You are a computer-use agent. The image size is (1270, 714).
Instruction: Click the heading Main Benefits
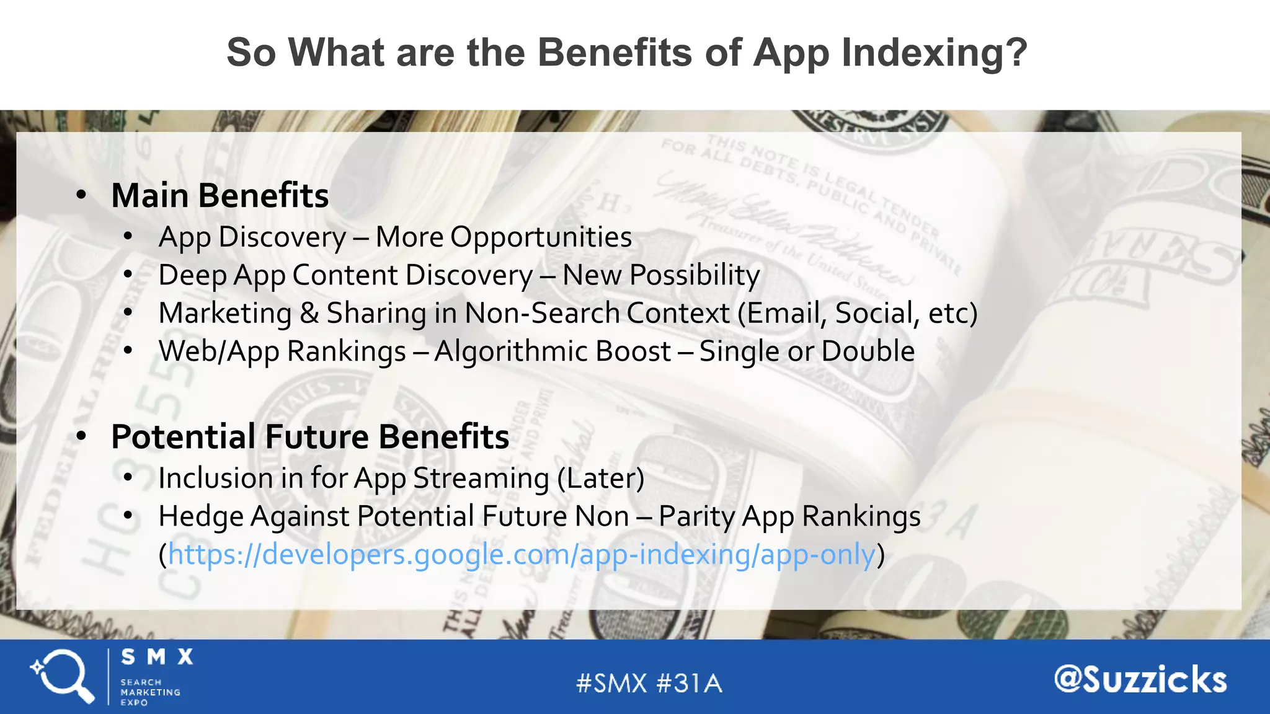click(x=220, y=196)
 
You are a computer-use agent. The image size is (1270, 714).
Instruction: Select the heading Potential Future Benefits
click(x=310, y=436)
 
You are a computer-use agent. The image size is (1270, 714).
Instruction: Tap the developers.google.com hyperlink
click(x=522, y=554)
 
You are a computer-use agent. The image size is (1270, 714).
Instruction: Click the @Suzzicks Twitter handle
click(x=1140, y=680)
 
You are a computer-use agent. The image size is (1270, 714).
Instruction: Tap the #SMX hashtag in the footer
click(x=611, y=684)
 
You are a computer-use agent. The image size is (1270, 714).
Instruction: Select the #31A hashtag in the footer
click(x=689, y=684)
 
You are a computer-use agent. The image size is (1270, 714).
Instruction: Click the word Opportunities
click(x=541, y=237)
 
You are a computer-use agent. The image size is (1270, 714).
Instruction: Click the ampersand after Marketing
click(x=309, y=313)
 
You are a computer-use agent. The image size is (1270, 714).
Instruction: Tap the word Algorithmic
click(x=552, y=351)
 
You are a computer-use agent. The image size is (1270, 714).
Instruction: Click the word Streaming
click(x=481, y=478)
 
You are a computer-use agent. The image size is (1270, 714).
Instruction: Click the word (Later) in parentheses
click(x=600, y=478)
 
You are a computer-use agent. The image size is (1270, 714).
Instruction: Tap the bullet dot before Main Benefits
click(x=81, y=196)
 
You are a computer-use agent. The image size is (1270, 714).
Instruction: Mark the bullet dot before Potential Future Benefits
click(x=81, y=436)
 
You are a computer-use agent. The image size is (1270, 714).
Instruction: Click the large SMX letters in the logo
click(x=157, y=657)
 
